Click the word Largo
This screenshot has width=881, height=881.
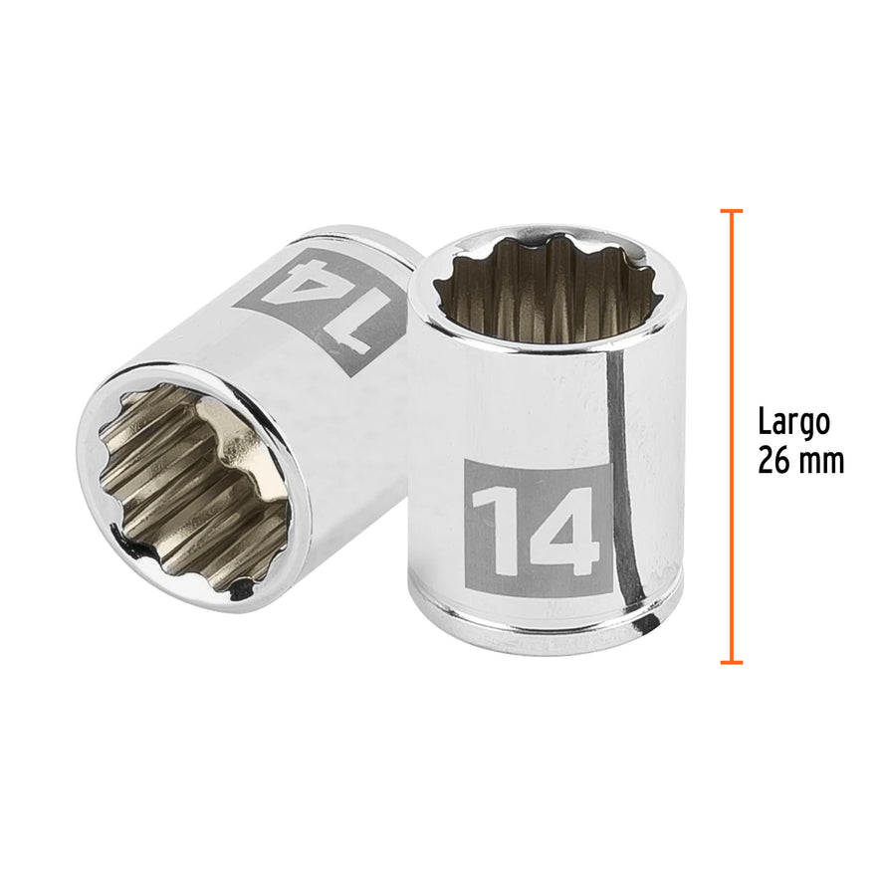click(x=793, y=422)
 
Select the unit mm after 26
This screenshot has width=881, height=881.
click(x=822, y=462)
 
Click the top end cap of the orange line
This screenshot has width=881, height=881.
click(x=732, y=211)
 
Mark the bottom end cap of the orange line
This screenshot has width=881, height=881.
click(x=732, y=661)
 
